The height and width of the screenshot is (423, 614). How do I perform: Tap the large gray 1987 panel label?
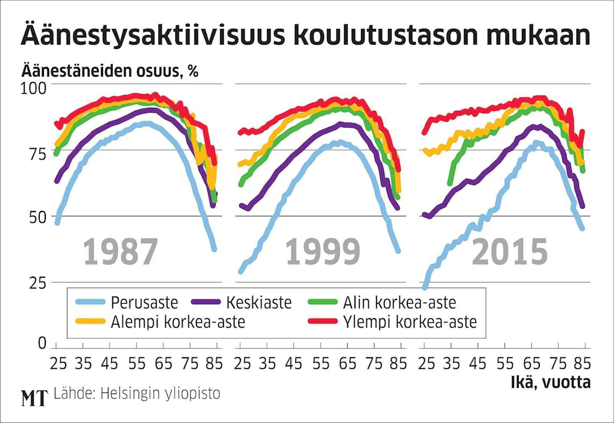coord(121,252)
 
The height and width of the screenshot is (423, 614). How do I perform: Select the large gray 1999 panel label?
coord(322,252)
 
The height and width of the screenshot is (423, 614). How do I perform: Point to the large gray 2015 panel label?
coord(509,252)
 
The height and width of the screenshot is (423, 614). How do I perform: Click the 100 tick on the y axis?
coord(33,89)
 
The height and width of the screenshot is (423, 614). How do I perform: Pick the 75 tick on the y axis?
coord(37,153)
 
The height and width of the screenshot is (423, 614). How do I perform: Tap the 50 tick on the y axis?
coord(37,218)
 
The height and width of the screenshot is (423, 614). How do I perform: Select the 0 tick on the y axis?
coord(42,343)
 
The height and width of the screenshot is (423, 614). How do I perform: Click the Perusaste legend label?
coord(145,302)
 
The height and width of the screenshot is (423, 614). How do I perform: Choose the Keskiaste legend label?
coord(259,302)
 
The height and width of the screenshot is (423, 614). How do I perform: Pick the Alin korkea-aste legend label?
coord(400,302)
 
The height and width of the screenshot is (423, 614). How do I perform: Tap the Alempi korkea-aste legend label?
coord(178,322)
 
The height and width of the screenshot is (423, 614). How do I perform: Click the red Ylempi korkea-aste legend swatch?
coord(322,321)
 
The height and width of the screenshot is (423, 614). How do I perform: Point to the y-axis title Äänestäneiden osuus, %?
coord(110,70)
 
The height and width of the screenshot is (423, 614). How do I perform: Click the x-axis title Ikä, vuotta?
coord(551,382)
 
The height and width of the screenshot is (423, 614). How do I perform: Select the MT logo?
coord(34,398)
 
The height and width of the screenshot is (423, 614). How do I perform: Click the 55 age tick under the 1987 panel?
coord(137,364)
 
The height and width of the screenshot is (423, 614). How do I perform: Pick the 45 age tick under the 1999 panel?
coord(293,364)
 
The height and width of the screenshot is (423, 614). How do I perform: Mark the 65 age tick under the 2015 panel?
coord(532,364)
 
